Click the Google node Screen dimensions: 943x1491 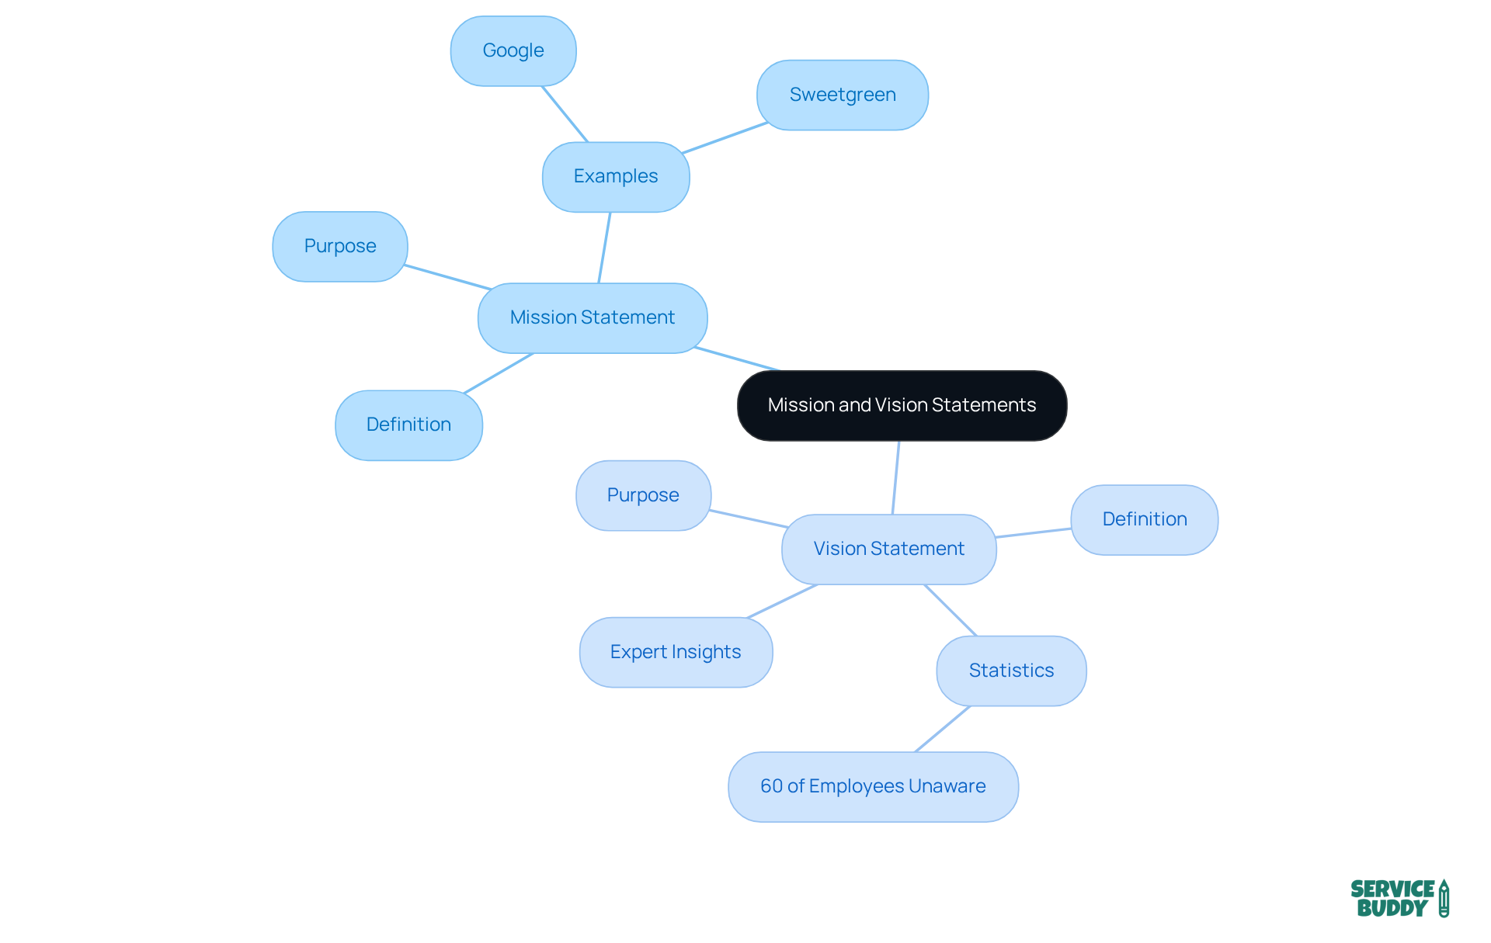(x=513, y=51)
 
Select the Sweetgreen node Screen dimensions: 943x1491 (x=843, y=95)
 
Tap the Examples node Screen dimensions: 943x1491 (x=616, y=177)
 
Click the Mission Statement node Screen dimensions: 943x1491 (x=593, y=317)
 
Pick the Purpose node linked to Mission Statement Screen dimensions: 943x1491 (x=340, y=247)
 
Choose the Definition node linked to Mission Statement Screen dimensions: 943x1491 (x=408, y=425)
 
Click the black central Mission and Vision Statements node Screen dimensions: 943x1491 (x=902, y=405)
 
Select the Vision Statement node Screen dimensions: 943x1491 (x=889, y=549)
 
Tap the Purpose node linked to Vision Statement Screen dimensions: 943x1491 (x=643, y=495)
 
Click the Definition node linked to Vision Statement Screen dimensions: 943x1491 (x=1145, y=519)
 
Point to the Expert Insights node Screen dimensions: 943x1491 (x=676, y=652)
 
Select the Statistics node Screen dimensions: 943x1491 (x=1011, y=671)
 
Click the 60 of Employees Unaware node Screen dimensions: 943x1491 (x=873, y=786)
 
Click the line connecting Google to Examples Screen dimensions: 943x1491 (x=565, y=114)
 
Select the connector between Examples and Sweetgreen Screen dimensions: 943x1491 (x=725, y=137)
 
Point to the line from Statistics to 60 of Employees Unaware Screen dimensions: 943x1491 (x=943, y=729)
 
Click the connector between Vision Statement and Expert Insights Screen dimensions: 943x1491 (x=782, y=602)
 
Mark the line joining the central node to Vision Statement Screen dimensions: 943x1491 (x=895, y=477)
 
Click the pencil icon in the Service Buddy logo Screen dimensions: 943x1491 (x=1444, y=899)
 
